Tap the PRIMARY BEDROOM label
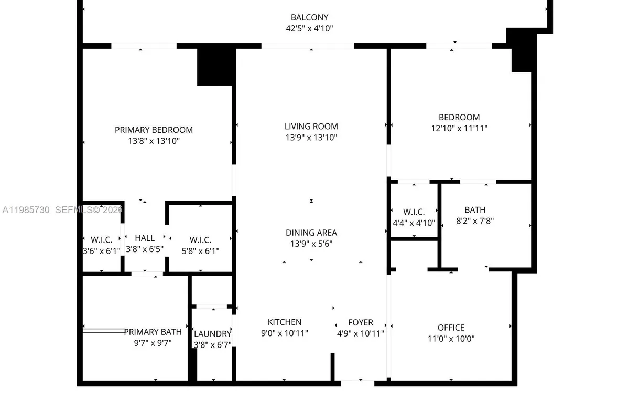[x=154, y=130]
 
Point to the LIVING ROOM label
[x=311, y=126]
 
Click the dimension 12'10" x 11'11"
[x=459, y=128]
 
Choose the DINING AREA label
[x=311, y=233]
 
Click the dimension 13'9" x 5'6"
[x=311, y=244]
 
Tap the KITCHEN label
[x=284, y=322]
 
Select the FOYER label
[x=361, y=322]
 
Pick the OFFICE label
[x=451, y=328]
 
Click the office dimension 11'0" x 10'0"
[x=451, y=339]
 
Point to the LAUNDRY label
[x=212, y=333]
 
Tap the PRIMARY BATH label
[x=153, y=332]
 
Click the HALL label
[x=145, y=238]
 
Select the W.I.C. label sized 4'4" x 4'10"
[x=414, y=212]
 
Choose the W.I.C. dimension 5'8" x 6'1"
[x=200, y=251]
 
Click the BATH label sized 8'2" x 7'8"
[x=474, y=210]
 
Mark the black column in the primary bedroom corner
[x=215, y=66]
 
